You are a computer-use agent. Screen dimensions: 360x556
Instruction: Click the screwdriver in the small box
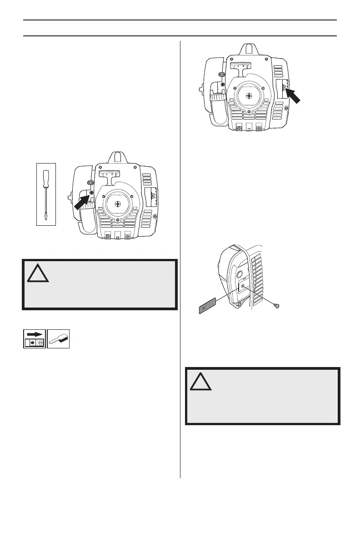(x=46, y=194)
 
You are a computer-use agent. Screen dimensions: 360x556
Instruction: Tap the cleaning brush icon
(x=59, y=339)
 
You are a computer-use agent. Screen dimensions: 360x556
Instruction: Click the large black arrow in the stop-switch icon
(x=35, y=333)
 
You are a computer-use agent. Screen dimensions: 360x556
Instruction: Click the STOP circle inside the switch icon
(x=40, y=343)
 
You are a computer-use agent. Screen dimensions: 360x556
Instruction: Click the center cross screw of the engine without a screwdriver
(x=249, y=95)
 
